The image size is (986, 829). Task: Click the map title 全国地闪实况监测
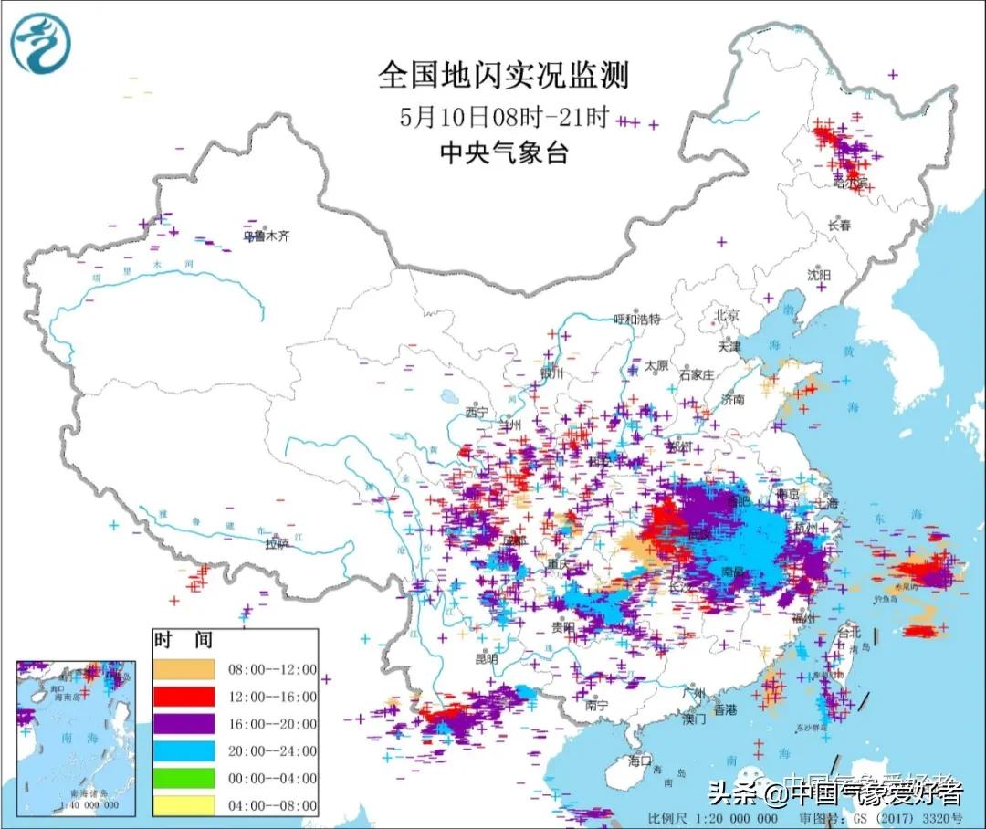coord(504,75)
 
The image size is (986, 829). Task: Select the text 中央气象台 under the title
coord(504,152)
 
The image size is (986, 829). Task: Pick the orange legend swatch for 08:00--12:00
coord(184,669)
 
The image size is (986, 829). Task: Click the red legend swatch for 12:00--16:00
coord(184,697)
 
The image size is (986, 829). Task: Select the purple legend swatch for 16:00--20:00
coord(184,724)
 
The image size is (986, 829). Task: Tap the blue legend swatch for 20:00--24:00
coord(184,751)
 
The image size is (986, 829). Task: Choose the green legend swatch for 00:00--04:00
coord(184,778)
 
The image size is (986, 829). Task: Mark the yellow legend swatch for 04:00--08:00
coord(184,805)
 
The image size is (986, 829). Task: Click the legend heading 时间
coord(171,641)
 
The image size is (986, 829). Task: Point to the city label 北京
coord(728,313)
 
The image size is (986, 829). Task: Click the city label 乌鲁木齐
coord(266,236)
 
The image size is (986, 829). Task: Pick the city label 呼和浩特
coord(636,319)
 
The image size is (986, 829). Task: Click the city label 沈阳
coord(819,275)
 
